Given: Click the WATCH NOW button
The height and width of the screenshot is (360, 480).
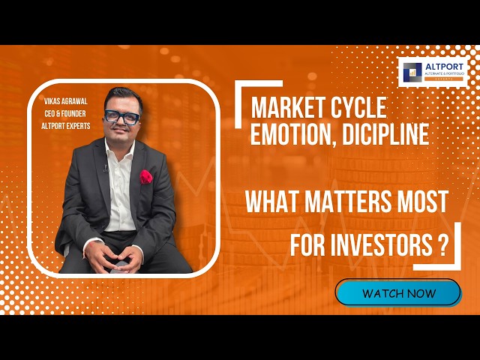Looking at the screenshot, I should point(398,292).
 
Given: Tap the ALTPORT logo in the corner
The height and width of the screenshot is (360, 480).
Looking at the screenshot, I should point(434,72).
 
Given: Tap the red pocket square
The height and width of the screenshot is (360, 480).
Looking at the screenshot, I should point(146,177).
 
